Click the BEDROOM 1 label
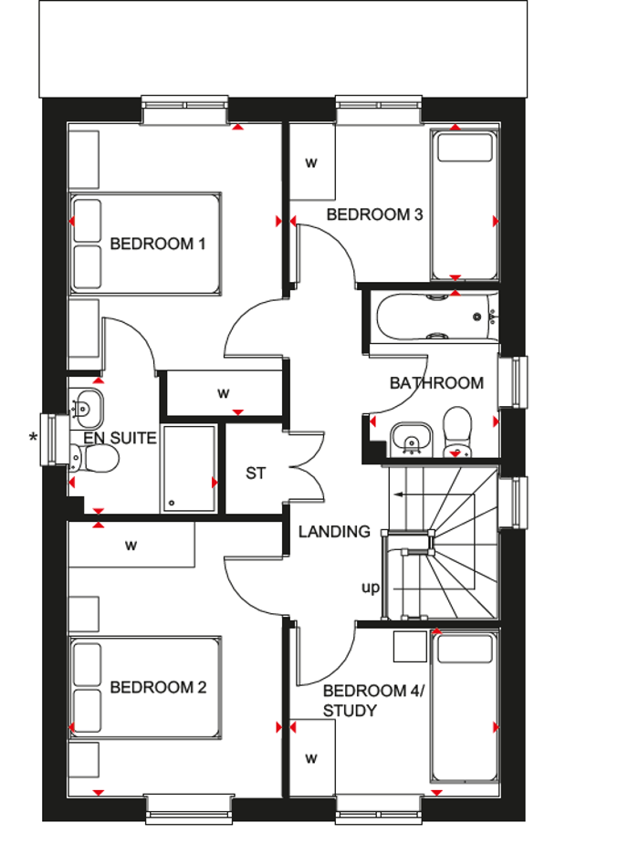[158, 244]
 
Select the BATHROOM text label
[436, 383]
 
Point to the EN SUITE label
[120, 439]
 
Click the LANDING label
[334, 531]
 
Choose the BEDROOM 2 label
[158, 687]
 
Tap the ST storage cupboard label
[256, 474]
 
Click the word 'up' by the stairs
[370, 588]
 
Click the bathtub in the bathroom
[435, 317]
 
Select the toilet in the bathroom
[456, 432]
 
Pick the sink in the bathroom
[412, 438]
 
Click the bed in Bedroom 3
[465, 205]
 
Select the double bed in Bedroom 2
[146, 687]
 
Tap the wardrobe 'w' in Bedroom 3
[311, 163]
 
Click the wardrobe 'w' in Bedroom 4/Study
[311, 758]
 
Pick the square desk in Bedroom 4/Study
[409, 646]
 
